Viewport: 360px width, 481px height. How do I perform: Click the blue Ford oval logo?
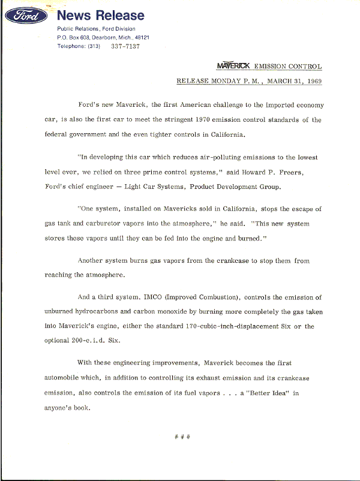pos(27,16)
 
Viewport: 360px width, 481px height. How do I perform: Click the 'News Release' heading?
pos(101,16)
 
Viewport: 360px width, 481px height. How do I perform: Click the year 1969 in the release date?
pos(311,80)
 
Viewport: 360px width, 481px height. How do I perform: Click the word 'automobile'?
pos(66,378)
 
